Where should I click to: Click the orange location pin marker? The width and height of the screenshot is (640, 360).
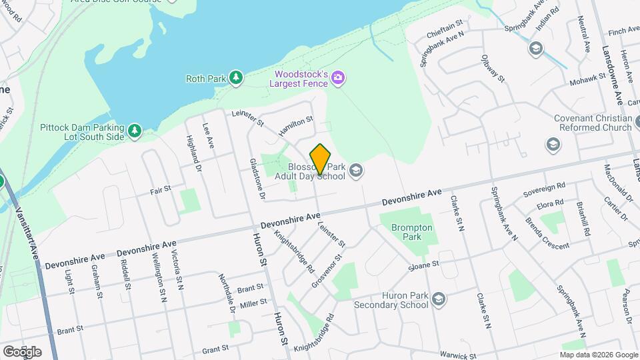(321, 159)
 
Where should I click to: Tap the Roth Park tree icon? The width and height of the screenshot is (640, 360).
(235, 79)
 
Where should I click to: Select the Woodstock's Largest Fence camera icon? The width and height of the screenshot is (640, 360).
(339, 79)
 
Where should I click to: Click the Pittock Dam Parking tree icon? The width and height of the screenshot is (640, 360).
(135, 131)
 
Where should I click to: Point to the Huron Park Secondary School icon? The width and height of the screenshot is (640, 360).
(438, 299)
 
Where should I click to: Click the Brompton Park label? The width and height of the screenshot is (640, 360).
(411, 232)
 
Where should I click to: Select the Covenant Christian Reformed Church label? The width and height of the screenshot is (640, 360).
(592, 123)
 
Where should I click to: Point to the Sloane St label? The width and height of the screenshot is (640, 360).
(424, 265)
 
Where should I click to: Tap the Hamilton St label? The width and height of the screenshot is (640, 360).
(296, 126)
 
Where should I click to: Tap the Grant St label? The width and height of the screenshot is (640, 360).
(215, 349)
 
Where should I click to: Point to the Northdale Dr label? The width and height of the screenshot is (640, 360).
(227, 294)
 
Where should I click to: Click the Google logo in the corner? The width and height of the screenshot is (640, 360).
(22, 351)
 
